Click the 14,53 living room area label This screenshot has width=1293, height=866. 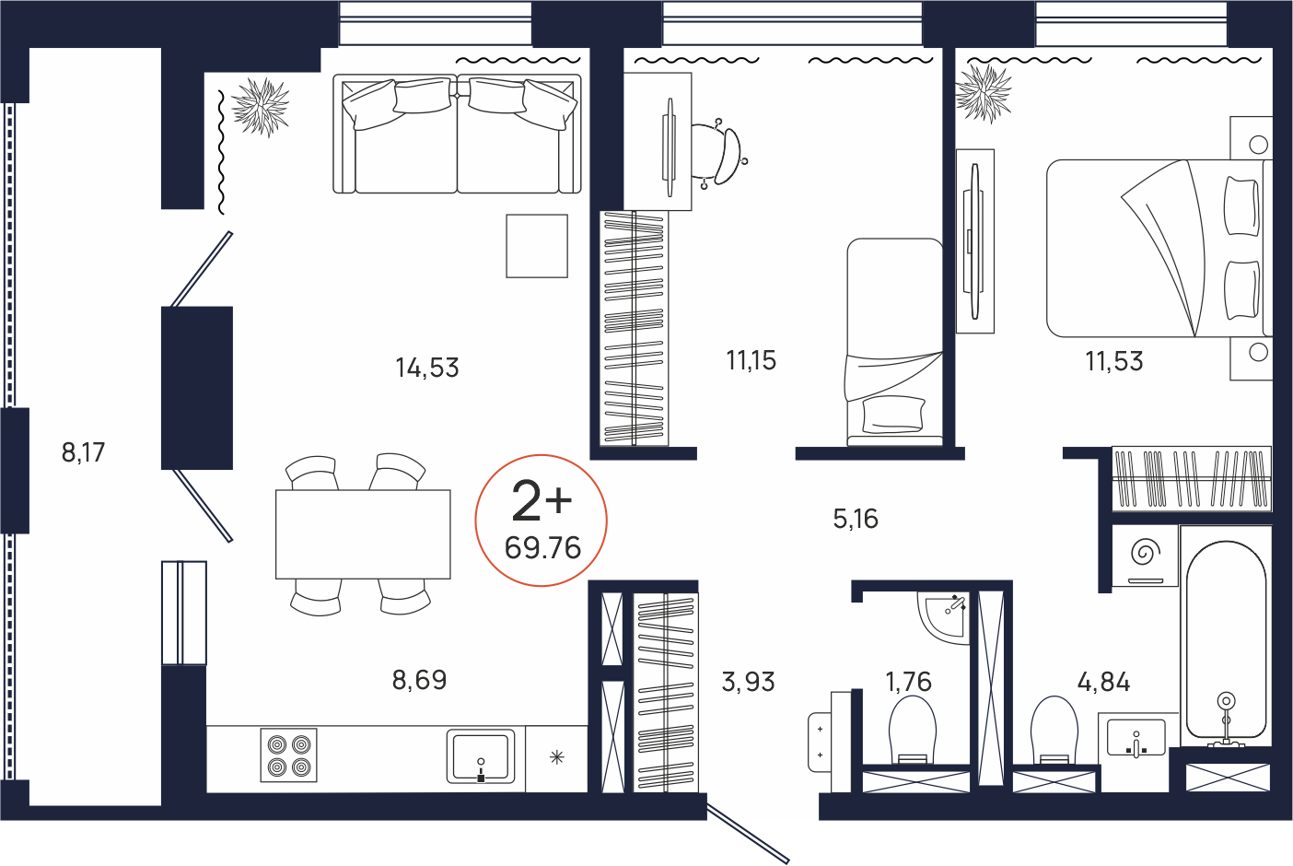tap(427, 368)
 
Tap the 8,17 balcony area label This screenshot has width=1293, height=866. tap(83, 452)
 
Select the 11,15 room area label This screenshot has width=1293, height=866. tap(751, 360)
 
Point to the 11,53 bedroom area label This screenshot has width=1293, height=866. tap(1114, 361)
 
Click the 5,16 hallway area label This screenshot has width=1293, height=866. tap(856, 519)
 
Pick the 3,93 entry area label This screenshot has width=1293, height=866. tap(748, 682)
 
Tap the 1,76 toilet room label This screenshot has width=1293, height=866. tap(909, 682)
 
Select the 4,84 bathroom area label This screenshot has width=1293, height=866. tap(1103, 682)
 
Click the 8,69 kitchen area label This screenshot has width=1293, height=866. tap(420, 680)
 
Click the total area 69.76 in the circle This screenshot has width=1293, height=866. tap(542, 548)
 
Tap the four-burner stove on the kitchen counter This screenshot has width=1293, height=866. tap(288, 755)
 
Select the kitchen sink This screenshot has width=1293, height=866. tap(480, 756)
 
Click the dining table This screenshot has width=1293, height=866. tap(363, 534)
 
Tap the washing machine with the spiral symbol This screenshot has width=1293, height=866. tap(1146, 556)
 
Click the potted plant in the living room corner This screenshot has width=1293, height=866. tap(261, 107)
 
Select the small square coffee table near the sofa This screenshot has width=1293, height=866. tap(537, 246)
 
